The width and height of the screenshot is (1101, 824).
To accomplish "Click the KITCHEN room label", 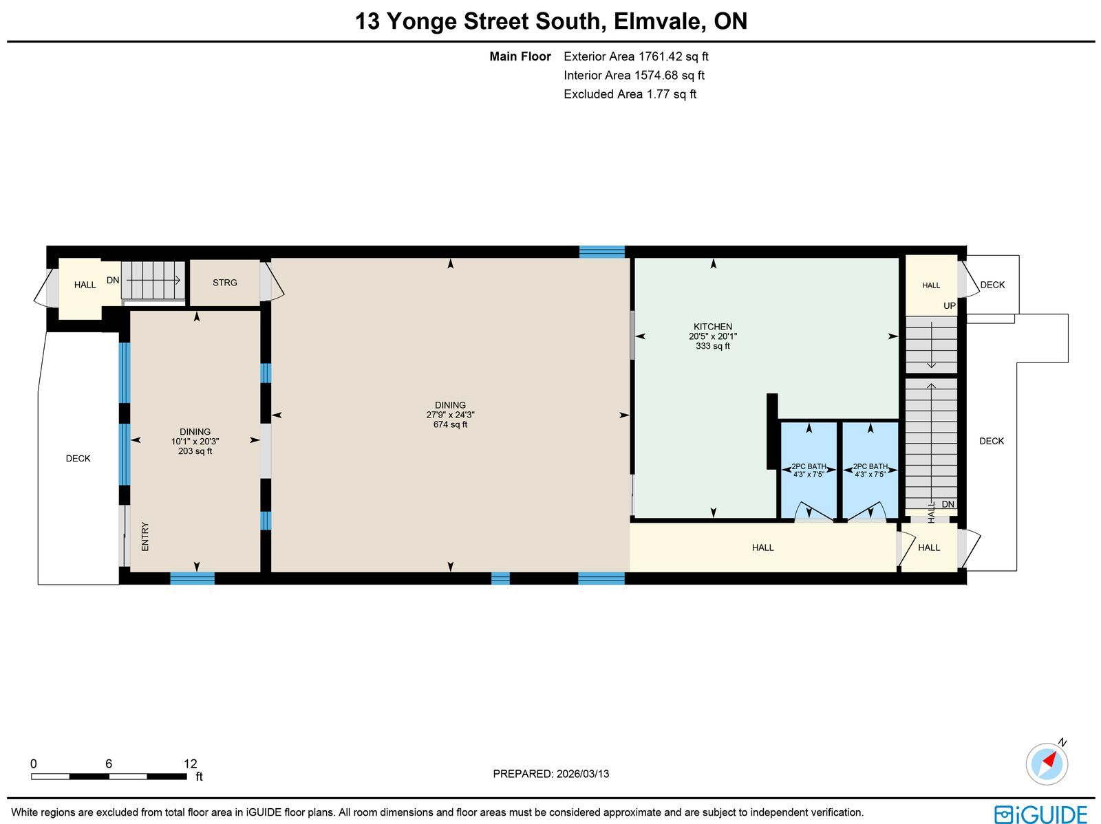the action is [x=713, y=326].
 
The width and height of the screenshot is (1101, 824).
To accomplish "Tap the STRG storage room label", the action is [x=225, y=283].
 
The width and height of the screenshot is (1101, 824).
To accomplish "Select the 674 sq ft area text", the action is [x=451, y=424].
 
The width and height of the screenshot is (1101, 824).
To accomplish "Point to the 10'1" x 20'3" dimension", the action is [x=195, y=442].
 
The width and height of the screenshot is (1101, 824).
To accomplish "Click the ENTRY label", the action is [x=145, y=536].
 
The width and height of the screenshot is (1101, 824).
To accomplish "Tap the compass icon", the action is [x=1047, y=764].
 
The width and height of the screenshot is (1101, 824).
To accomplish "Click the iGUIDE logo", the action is [x=1041, y=814].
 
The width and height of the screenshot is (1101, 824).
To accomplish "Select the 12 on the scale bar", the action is [x=191, y=763].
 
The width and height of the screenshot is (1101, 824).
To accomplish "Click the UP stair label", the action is [x=950, y=306].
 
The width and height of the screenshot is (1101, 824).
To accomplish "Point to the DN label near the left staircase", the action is [x=113, y=280].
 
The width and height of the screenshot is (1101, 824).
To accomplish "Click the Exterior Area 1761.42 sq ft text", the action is [x=636, y=56].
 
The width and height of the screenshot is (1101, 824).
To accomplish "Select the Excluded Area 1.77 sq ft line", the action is [x=630, y=94].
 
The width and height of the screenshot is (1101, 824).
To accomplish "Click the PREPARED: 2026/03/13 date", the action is [x=550, y=774].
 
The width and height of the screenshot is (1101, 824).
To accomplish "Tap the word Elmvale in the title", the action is [x=656, y=21].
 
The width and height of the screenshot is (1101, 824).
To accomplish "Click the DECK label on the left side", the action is [x=78, y=459].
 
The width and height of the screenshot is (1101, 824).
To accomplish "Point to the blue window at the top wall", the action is [x=602, y=252].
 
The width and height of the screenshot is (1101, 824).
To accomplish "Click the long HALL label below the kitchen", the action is [x=762, y=547].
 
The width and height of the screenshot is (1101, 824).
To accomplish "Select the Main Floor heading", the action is [x=520, y=56].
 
